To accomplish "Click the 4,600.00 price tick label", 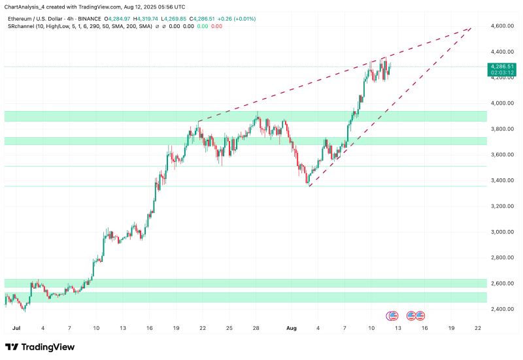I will pos(499,26).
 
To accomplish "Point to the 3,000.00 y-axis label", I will pos(499,232).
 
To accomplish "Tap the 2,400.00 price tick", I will pos(499,309).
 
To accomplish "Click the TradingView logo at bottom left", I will pos(40,347).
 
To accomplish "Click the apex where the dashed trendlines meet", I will pos(471,27).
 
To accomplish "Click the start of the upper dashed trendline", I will pos(198,121).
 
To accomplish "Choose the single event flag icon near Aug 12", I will pos(392,316).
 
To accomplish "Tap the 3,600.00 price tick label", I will pos(499,155).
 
